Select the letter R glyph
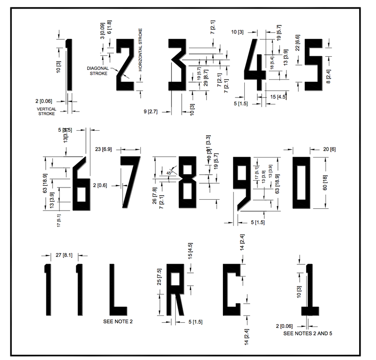[174, 291]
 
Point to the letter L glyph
[116, 291]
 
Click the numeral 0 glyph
[301, 182]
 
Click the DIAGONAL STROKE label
[99, 70]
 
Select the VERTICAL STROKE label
[47, 111]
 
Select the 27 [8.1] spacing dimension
[65, 255]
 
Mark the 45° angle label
[169, 173]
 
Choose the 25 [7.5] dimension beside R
[159, 282]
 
